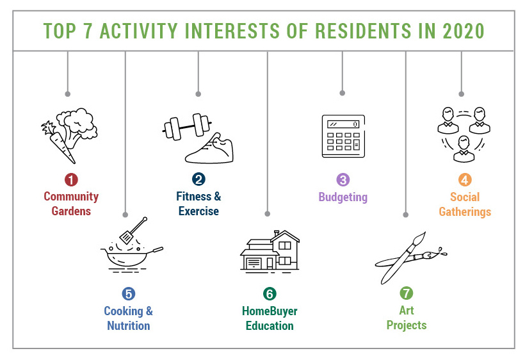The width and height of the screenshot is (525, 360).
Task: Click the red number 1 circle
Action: click(x=71, y=179)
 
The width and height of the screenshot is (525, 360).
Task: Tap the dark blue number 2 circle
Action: click(x=198, y=179)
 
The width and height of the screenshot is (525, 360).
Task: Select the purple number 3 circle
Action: click(x=343, y=180)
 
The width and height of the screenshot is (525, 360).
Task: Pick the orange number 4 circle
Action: click(x=465, y=180)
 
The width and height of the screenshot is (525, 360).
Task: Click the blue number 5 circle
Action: click(x=129, y=293)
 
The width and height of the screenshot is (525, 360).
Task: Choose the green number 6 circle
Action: click(x=270, y=293)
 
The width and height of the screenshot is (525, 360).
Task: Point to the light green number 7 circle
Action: click(x=407, y=293)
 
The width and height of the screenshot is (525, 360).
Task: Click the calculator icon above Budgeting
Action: click(x=343, y=136)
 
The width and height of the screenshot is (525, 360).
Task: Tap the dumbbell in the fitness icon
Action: click(x=187, y=127)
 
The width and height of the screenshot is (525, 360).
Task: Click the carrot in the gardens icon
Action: click(x=60, y=142)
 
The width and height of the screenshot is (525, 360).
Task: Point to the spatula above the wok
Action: click(x=133, y=231)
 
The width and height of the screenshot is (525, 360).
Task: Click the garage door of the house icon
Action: click(x=254, y=263)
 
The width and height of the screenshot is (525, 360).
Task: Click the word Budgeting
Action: click(x=343, y=197)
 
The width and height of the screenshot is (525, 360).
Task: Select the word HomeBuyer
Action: click(x=270, y=311)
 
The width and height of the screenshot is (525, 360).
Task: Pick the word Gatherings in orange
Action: click(x=465, y=211)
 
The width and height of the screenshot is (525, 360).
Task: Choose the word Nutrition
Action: click(x=129, y=325)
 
